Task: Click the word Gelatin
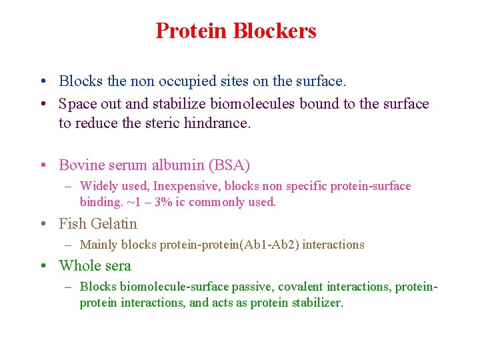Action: tap(114, 224)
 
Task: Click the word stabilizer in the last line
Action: tap(317, 303)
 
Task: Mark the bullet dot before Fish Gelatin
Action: tap(43, 225)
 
